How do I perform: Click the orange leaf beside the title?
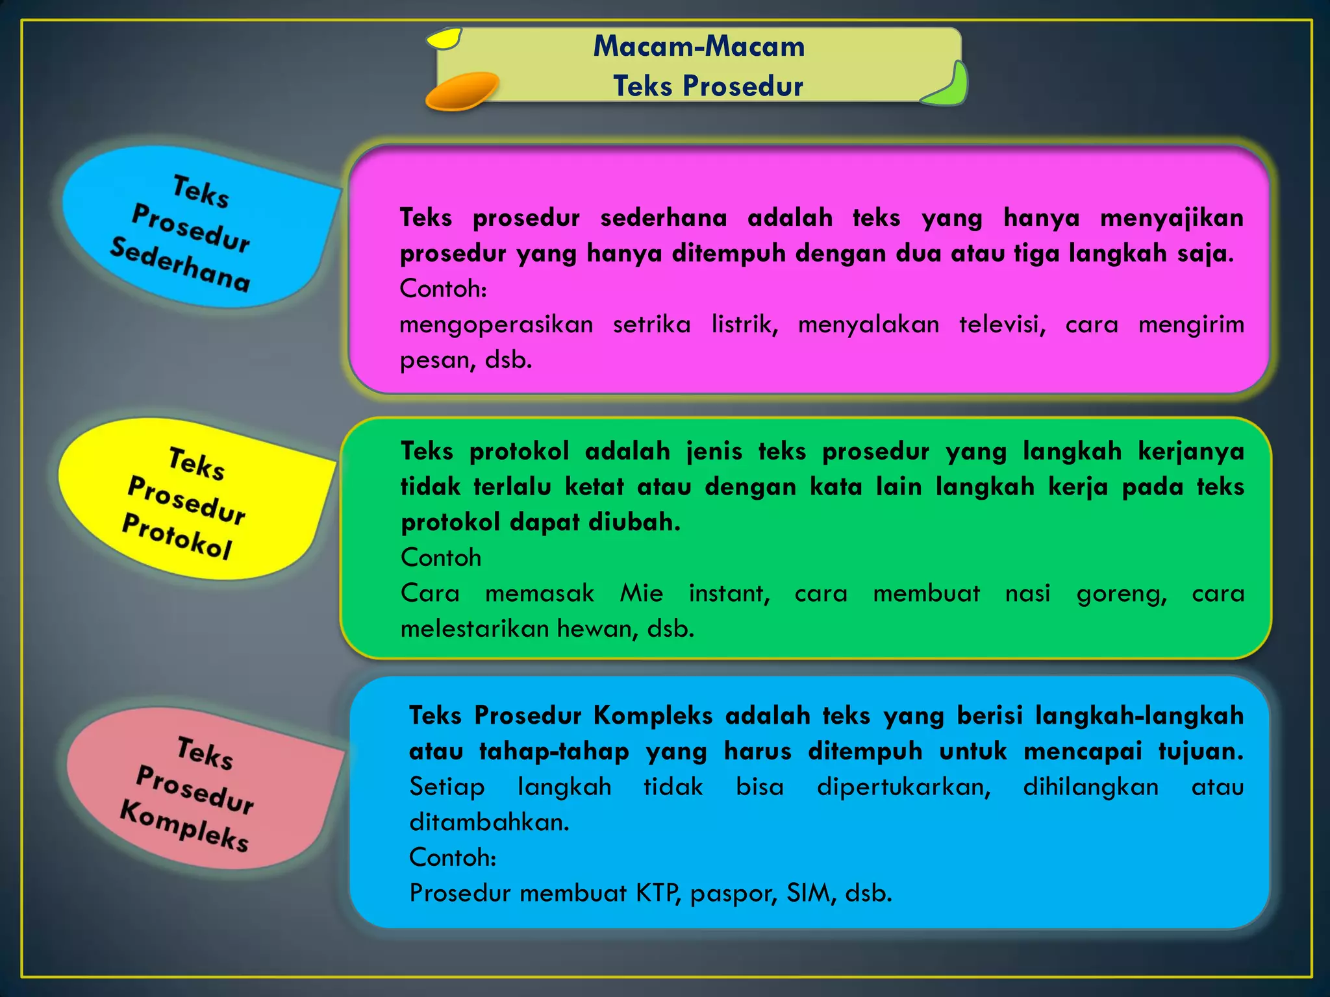tap(461, 91)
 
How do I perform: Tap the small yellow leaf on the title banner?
tap(444, 39)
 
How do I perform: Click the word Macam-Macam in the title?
tap(699, 47)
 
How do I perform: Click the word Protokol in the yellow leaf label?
tap(177, 536)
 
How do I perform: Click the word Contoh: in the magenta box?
tap(443, 289)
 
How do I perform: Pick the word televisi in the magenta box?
tap(1002, 324)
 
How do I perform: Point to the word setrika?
tap(651, 324)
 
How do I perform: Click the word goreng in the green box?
tap(1122, 593)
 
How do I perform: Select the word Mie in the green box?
tap(641, 593)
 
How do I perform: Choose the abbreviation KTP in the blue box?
tap(657, 893)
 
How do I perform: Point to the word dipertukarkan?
tap(903, 787)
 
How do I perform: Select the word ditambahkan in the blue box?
tap(488, 822)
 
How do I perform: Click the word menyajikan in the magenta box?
tap(1172, 218)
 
